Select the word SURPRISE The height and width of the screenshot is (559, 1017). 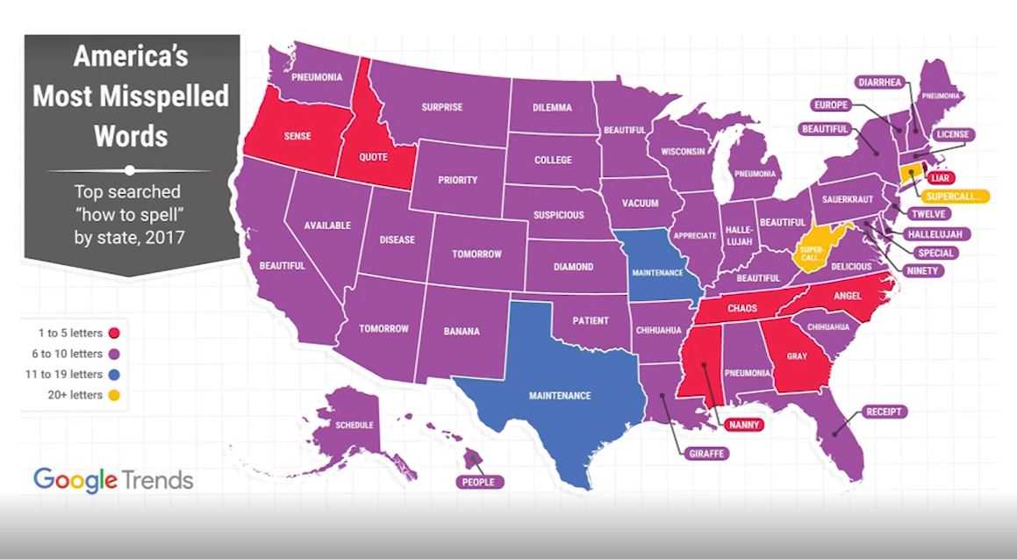tap(441, 108)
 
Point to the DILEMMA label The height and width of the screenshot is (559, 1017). tap(552, 107)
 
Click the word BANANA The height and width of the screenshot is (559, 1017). tap(461, 332)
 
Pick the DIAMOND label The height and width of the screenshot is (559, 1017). tap(573, 267)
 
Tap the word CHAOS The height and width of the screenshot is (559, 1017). tap(741, 309)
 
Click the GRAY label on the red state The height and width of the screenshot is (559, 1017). tap(797, 357)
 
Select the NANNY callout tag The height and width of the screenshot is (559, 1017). tap(741, 426)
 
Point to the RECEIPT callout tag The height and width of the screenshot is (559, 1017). tap(886, 412)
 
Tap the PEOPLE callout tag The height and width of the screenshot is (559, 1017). tap(479, 482)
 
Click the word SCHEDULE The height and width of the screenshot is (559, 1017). tap(355, 426)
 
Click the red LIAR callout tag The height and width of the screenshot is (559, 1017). tap(938, 178)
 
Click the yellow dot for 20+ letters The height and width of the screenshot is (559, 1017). tap(115, 396)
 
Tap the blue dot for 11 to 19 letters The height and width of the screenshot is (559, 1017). tap(115, 375)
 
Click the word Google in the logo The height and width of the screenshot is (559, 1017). tap(75, 479)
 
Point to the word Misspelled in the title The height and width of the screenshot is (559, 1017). tap(131, 97)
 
